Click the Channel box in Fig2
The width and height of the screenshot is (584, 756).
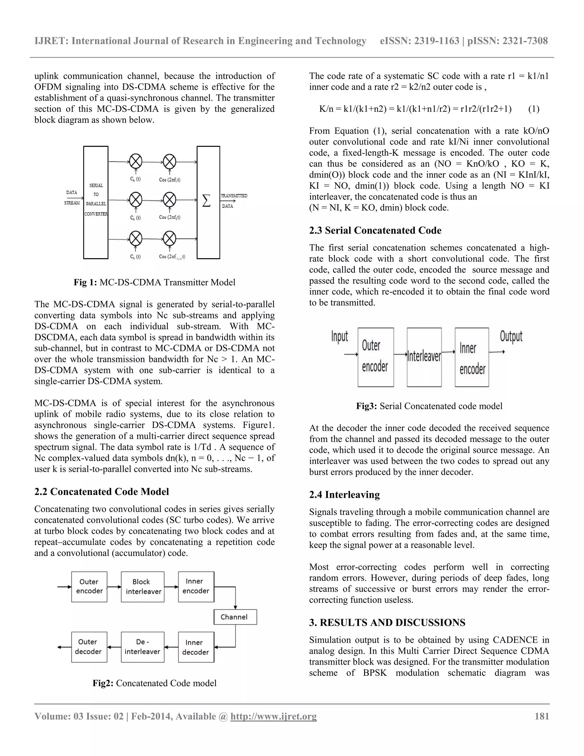pyautogui.click(x=235, y=617)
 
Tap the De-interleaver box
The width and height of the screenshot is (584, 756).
pyautogui.click(x=143, y=647)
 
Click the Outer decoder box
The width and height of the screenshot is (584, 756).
pyautogui.click(x=89, y=647)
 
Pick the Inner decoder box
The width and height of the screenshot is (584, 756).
pyautogui.click(x=196, y=647)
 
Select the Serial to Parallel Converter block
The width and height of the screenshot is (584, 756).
pyautogui.click(x=96, y=202)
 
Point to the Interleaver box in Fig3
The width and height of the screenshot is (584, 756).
pyautogui.click(x=424, y=357)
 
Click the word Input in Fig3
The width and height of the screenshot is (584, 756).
pyautogui.click(x=339, y=336)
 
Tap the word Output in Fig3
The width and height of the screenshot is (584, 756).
pyautogui.click(x=511, y=336)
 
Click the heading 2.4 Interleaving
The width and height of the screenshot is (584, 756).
pyautogui.click(x=344, y=495)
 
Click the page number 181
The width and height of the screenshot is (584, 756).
pyautogui.click(x=542, y=716)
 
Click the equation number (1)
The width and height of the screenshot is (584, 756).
pyautogui.click(x=534, y=109)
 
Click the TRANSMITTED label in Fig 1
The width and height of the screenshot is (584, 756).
pyautogui.click(x=234, y=196)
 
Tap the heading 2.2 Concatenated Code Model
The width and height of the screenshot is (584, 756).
pyautogui.click(x=101, y=492)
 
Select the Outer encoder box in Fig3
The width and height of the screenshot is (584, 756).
pyautogui.click(x=375, y=357)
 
